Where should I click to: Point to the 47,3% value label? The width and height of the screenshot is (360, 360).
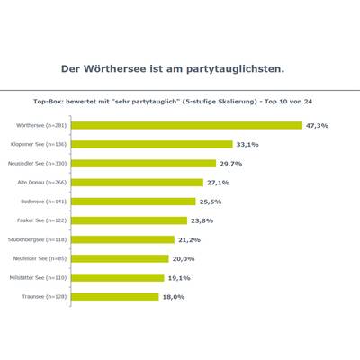(318, 126)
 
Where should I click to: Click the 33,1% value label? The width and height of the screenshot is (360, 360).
(248, 145)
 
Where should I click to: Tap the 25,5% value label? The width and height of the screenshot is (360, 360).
(211, 202)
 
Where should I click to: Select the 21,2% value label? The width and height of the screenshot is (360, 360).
(190, 240)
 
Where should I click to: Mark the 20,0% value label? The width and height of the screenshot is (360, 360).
(184, 259)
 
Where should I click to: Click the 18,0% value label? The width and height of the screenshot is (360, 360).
(174, 297)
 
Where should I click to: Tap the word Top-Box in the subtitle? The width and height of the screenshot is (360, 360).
(49, 103)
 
